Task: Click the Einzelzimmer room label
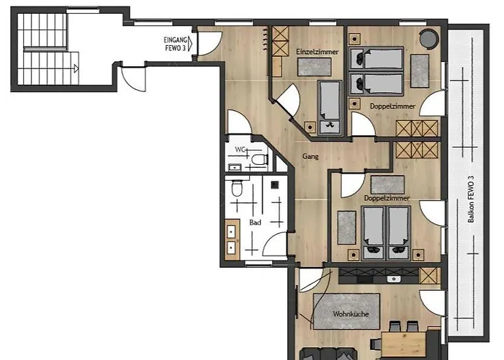tap(318, 52)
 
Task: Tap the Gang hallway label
tap(310, 156)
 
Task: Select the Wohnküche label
tap(351, 314)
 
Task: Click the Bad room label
tap(255, 222)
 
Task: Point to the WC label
tap(240, 150)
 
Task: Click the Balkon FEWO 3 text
tap(471, 199)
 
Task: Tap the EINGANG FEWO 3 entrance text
tap(176, 44)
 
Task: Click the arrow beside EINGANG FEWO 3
tap(190, 44)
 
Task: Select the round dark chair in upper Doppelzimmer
tap(429, 39)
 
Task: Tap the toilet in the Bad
tap(237, 189)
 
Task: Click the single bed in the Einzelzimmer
tap(330, 107)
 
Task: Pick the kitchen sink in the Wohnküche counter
tap(394, 279)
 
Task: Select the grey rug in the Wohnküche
tap(346, 311)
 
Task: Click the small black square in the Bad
tap(275, 185)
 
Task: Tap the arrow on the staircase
tap(76, 68)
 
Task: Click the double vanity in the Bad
tap(232, 240)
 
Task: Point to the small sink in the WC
tap(235, 168)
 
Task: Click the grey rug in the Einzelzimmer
tap(314, 67)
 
